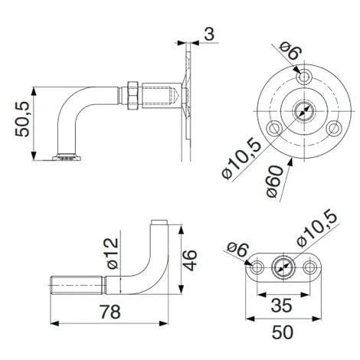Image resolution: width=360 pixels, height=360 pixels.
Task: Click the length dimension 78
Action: (112, 313)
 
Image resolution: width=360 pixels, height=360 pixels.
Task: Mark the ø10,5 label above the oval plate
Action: (320, 227)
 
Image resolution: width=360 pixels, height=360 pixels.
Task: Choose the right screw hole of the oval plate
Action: (309, 268)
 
